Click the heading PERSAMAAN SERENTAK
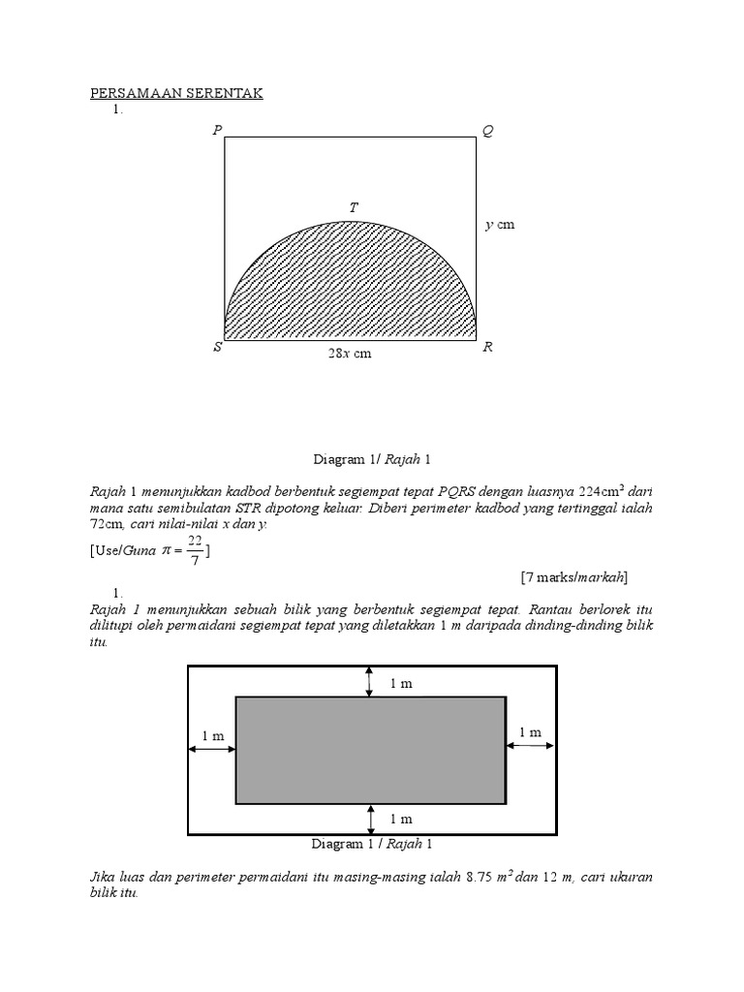(x=176, y=93)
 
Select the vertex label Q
(x=487, y=131)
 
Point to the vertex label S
(x=218, y=348)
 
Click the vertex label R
(x=487, y=348)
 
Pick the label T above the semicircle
(x=355, y=208)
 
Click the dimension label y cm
(x=500, y=225)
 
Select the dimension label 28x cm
(x=350, y=354)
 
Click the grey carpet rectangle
(x=370, y=750)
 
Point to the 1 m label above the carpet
(x=401, y=683)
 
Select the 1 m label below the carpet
(x=401, y=820)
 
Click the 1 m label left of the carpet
(x=213, y=736)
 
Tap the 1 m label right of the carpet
(x=530, y=732)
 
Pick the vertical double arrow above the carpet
(x=369, y=681)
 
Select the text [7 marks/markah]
(x=574, y=577)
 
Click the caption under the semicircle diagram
(x=371, y=458)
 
